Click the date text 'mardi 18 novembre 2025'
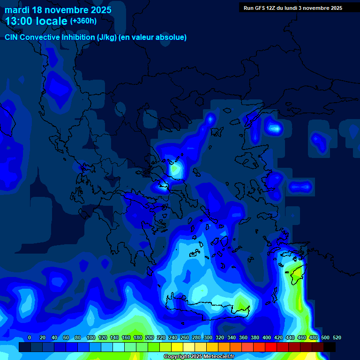tap(58, 10)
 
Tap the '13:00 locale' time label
tap(36, 21)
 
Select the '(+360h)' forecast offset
tap(83, 21)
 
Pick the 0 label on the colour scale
tap(30, 338)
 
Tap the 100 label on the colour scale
tap(91, 338)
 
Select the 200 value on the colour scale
tap(150, 338)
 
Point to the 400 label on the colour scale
tap(267, 338)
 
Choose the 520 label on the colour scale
tap(337, 338)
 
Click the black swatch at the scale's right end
tap(330, 347)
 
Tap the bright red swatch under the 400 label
tap(271, 347)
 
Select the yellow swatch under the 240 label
tap(177, 347)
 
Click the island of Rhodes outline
tap(296, 275)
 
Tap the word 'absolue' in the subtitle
tap(172, 37)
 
